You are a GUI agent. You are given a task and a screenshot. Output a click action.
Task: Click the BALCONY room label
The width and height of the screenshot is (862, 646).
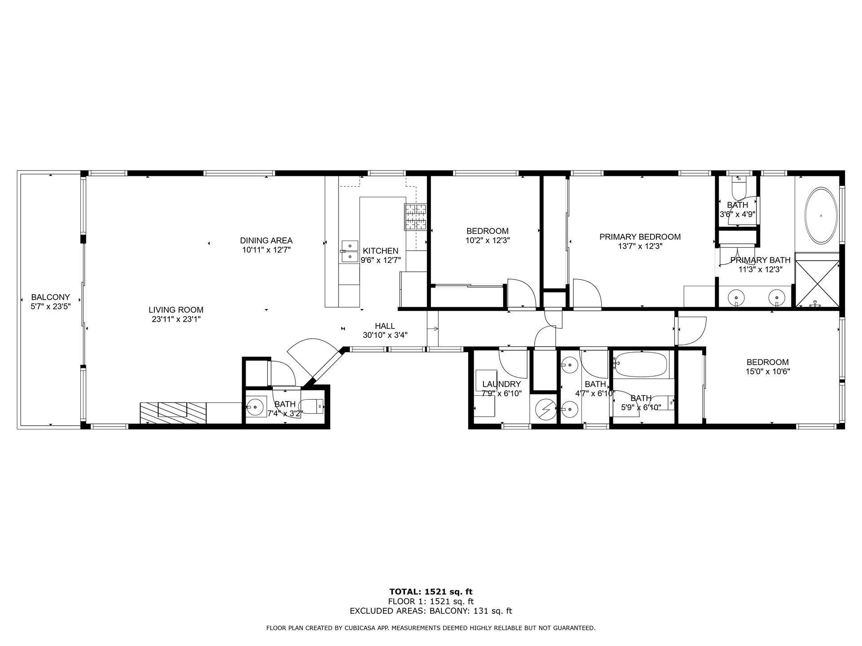click(50, 297)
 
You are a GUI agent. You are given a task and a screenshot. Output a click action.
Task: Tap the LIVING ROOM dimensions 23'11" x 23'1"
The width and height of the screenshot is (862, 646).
click(176, 319)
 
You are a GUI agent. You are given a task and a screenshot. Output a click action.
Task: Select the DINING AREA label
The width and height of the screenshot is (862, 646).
click(266, 240)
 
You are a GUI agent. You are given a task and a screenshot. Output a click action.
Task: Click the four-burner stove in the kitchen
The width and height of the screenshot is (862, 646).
click(416, 217)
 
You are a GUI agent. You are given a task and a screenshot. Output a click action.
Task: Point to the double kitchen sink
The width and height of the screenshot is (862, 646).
click(349, 251)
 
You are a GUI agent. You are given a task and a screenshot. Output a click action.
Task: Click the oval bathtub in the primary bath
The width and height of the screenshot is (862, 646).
click(821, 215)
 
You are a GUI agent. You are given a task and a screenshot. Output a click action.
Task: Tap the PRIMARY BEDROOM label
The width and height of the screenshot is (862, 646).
click(640, 237)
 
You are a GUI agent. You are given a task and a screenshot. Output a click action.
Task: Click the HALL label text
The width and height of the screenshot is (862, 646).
click(385, 326)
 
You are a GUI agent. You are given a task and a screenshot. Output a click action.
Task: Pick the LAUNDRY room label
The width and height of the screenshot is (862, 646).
click(501, 384)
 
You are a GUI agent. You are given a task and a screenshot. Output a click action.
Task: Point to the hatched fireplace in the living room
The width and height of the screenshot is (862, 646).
click(173, 412)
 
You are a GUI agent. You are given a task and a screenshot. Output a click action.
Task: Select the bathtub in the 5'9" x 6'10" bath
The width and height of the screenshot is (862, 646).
click(641, 364)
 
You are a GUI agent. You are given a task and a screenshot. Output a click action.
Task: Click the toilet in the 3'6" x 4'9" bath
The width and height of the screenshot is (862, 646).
click(738, 188)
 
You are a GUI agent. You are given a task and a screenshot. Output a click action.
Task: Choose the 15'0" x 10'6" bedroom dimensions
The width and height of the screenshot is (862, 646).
click(767, 371)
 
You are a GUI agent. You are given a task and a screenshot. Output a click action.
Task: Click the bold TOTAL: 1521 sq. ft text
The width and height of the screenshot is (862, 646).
click(431, 592)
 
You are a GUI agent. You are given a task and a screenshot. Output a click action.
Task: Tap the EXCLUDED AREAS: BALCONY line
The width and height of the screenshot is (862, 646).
click(431, 611)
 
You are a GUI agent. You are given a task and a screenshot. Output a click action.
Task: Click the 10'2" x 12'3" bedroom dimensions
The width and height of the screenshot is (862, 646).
click(487, 240)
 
